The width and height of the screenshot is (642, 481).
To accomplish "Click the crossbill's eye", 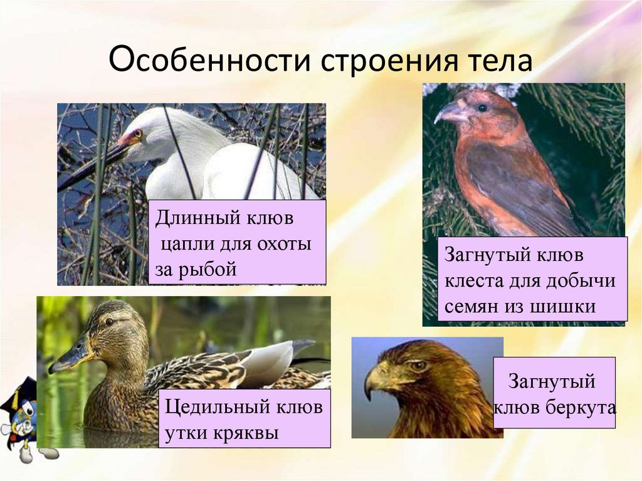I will [x=481, y=108].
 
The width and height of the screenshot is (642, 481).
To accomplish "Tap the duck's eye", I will [x=110, y=321].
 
